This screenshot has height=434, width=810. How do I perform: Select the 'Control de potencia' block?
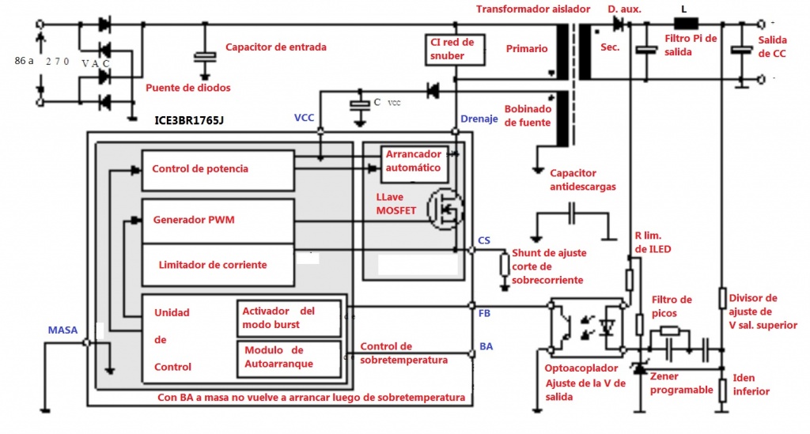[x=217, y=169]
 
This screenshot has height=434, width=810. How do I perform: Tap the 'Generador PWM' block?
[x=217, y=221]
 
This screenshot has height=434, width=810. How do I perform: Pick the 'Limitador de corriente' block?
[x=217, y=264]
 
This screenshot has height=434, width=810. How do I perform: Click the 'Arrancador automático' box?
[x=413, y=164]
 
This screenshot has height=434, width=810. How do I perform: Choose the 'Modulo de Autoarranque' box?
[x=288, y=357]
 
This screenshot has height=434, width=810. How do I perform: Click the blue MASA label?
[x=62, y=330]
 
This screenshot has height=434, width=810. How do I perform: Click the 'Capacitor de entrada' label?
[x=275, y=47]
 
